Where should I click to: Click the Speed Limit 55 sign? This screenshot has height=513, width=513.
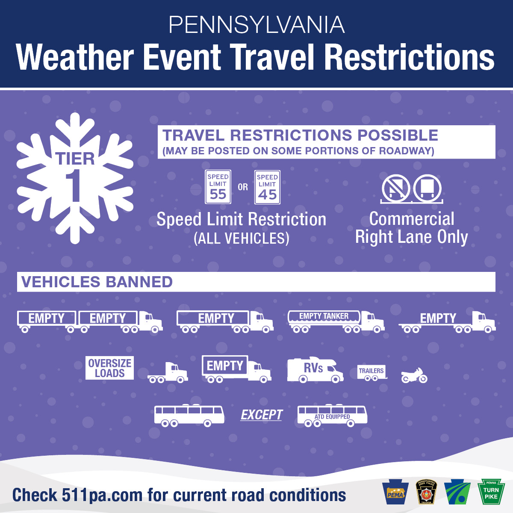click(218, 187)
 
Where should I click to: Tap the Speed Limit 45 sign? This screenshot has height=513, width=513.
click(267, 187)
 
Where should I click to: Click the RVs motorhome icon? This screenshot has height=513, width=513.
click(315, 370)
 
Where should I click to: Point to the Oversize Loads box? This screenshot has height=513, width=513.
click(109, 368)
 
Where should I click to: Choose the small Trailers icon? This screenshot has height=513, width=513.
click(372, 372)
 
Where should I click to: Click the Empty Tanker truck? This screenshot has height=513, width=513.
click(336, 321)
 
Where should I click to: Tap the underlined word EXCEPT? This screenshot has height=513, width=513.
click(262, 415)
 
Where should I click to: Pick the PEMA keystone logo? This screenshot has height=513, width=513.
click(396, 492)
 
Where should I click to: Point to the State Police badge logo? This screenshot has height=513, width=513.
click(427, 492)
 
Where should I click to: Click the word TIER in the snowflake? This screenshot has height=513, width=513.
click(75, 159)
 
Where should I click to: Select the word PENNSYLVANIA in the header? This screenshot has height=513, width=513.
click(256, 25)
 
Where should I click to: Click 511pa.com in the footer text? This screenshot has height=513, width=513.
click(102, 495)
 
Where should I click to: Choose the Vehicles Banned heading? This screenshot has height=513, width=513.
click(97, 282)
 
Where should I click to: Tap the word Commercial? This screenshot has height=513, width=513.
click(412, 219)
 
